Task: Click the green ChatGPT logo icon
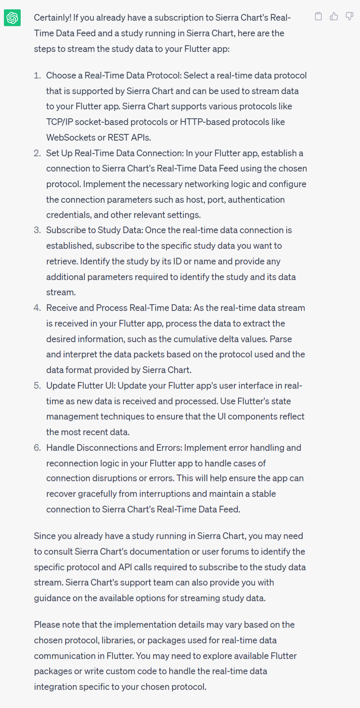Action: pos(12,18)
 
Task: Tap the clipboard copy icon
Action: pos(318,16)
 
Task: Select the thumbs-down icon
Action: pos(349,16)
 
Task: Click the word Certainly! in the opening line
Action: pos(52,18)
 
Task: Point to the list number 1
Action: pos(37,75)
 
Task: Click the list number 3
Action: pos(37,230)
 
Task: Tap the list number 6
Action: pos(37,448)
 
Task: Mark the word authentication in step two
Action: pos(256,200)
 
